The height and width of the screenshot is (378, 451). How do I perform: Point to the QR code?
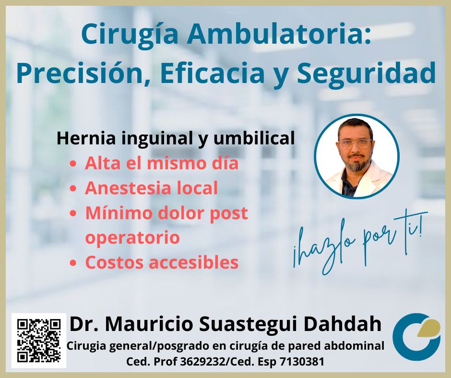pyautogui.click(x=39, y=341)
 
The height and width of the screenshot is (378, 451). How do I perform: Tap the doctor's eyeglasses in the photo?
pyautogui.click(x=355, y=143)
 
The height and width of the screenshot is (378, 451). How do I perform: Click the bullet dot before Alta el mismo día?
pyautogui.click(x=73, y=164)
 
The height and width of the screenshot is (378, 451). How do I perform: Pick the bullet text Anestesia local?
pyautogui.click(x=151, y=188)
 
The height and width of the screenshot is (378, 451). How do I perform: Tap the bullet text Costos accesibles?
pyautogui.click(x=162, y=262)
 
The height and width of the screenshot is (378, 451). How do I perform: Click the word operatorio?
pyautogui.click(x=132, y=238)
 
